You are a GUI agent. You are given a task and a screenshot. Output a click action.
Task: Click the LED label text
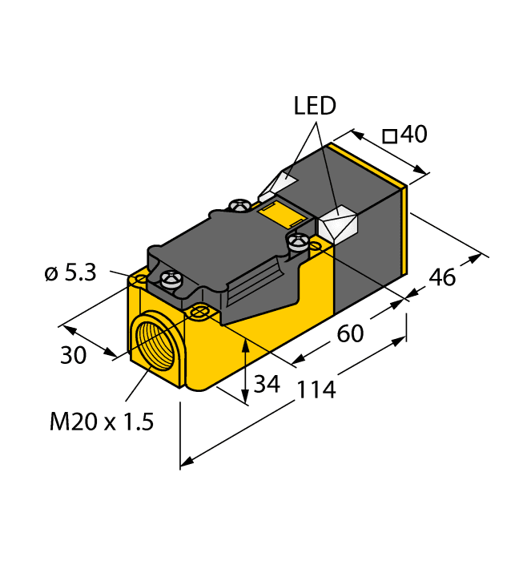point(315,106)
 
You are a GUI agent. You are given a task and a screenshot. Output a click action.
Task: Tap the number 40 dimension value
point(413,135)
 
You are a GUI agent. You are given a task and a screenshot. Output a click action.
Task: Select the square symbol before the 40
point(390,136)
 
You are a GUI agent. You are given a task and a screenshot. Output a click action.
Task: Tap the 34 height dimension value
point(267,385)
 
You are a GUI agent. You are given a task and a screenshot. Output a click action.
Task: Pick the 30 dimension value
point(74,355)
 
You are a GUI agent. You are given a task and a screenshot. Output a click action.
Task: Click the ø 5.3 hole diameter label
point(70,273)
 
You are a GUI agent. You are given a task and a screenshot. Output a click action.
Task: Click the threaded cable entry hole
point(154,341)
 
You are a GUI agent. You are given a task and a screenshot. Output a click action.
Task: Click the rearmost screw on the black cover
point(238,207)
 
